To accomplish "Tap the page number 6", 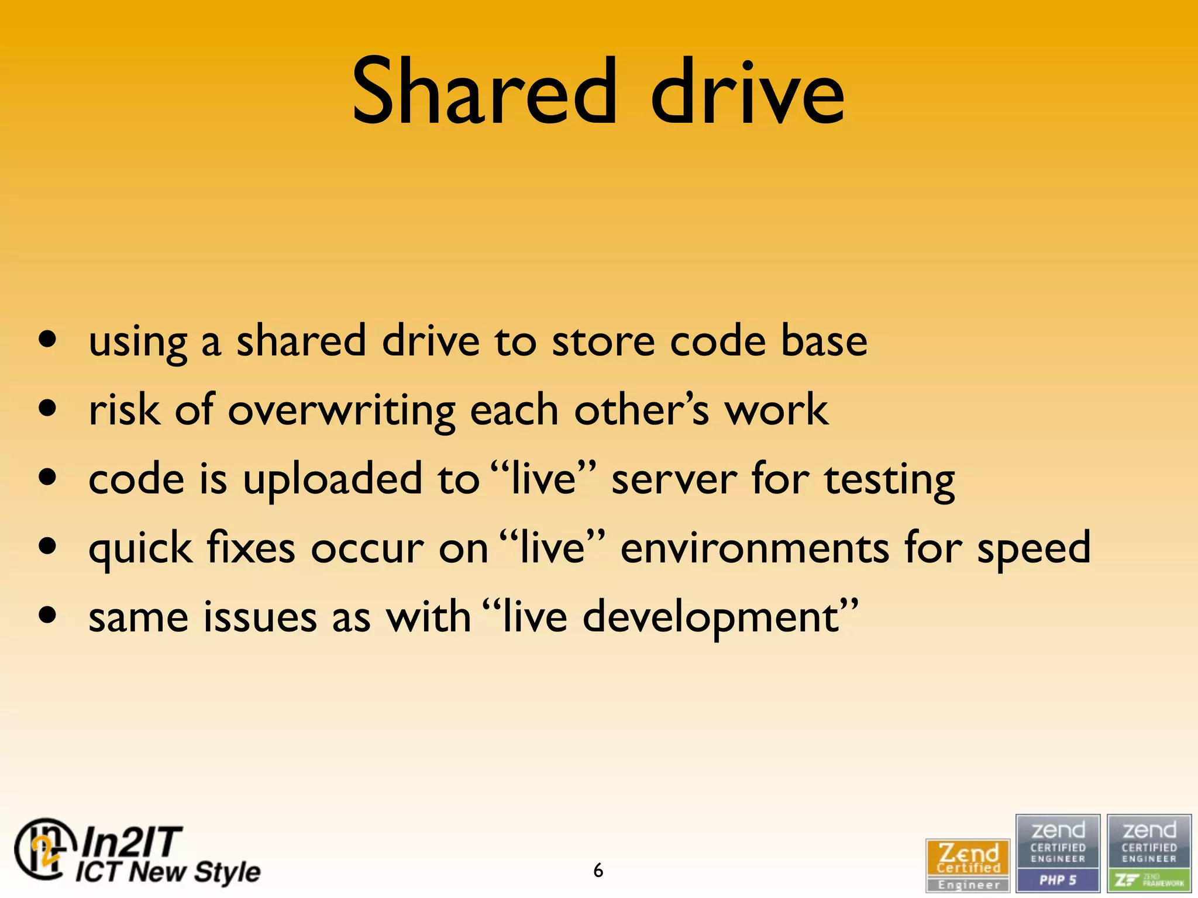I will point(598,871).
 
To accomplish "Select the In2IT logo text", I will point(131,842).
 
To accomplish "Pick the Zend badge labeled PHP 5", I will point(1058,853).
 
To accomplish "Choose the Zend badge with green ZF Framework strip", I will point(1149,853).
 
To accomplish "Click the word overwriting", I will point(342,411).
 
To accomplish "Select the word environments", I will point(755,548).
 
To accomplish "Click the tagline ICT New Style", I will point(168,872).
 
